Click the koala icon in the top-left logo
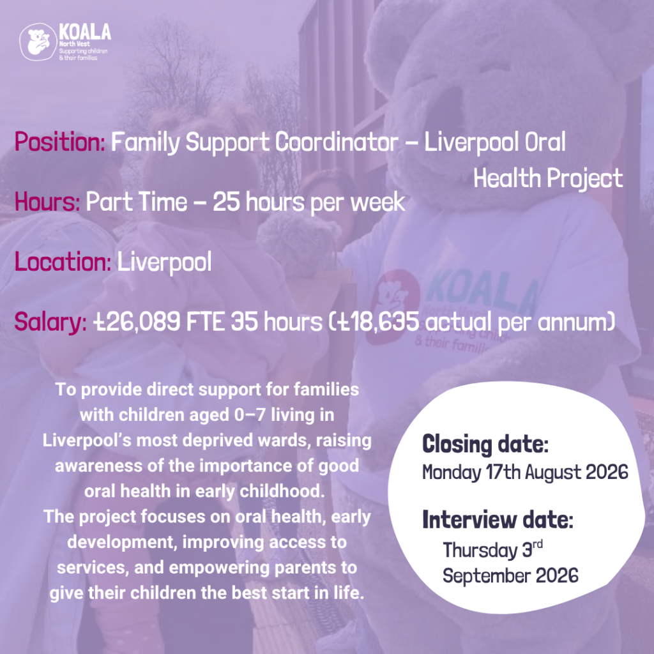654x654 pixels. pyautogui.click(x=38, y=42)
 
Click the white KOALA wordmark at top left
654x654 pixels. pyautogui.click(x=85, y=32)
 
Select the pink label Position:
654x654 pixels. pyautogui.click(x=59, y=142)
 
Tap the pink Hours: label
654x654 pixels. pyautogui.click(x=47, y=202)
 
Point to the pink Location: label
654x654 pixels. pyautogui.click(x=63, y=262)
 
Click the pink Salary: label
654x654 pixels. pyautogui.click(x=50, y=323)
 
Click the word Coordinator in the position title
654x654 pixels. pyautogui.click(x=336, y=142)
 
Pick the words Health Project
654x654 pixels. pyautogui.click(x=548, y=179)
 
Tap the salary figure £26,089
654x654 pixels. pyautogui.click(x=137, y=323)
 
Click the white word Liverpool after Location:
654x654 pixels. pyautogui.click(x=164, y=262)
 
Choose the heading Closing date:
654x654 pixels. pyautogui.click(x=485, y=444)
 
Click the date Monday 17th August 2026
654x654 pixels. pyautogui.click(x=525, y=473)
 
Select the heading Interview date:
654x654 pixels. pyautogui.click(x=498, y=520)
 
